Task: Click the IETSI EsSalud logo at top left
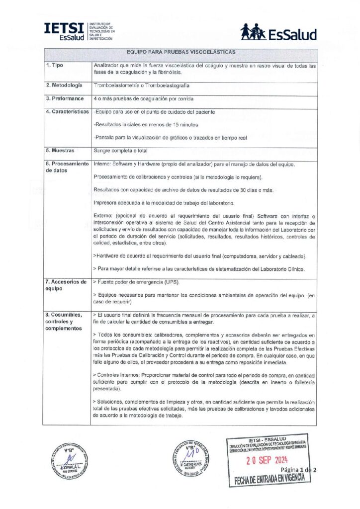click(x=79, y=31)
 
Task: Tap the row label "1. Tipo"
click(x=54, y=66)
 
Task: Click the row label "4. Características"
click(x=67, y=112)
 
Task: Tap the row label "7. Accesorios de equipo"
click(x=66, y=285)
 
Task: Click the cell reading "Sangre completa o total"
click(x=121, y=150)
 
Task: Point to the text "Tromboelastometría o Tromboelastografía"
click(x=141, y=85)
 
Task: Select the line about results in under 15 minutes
click(x=146, y=124)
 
